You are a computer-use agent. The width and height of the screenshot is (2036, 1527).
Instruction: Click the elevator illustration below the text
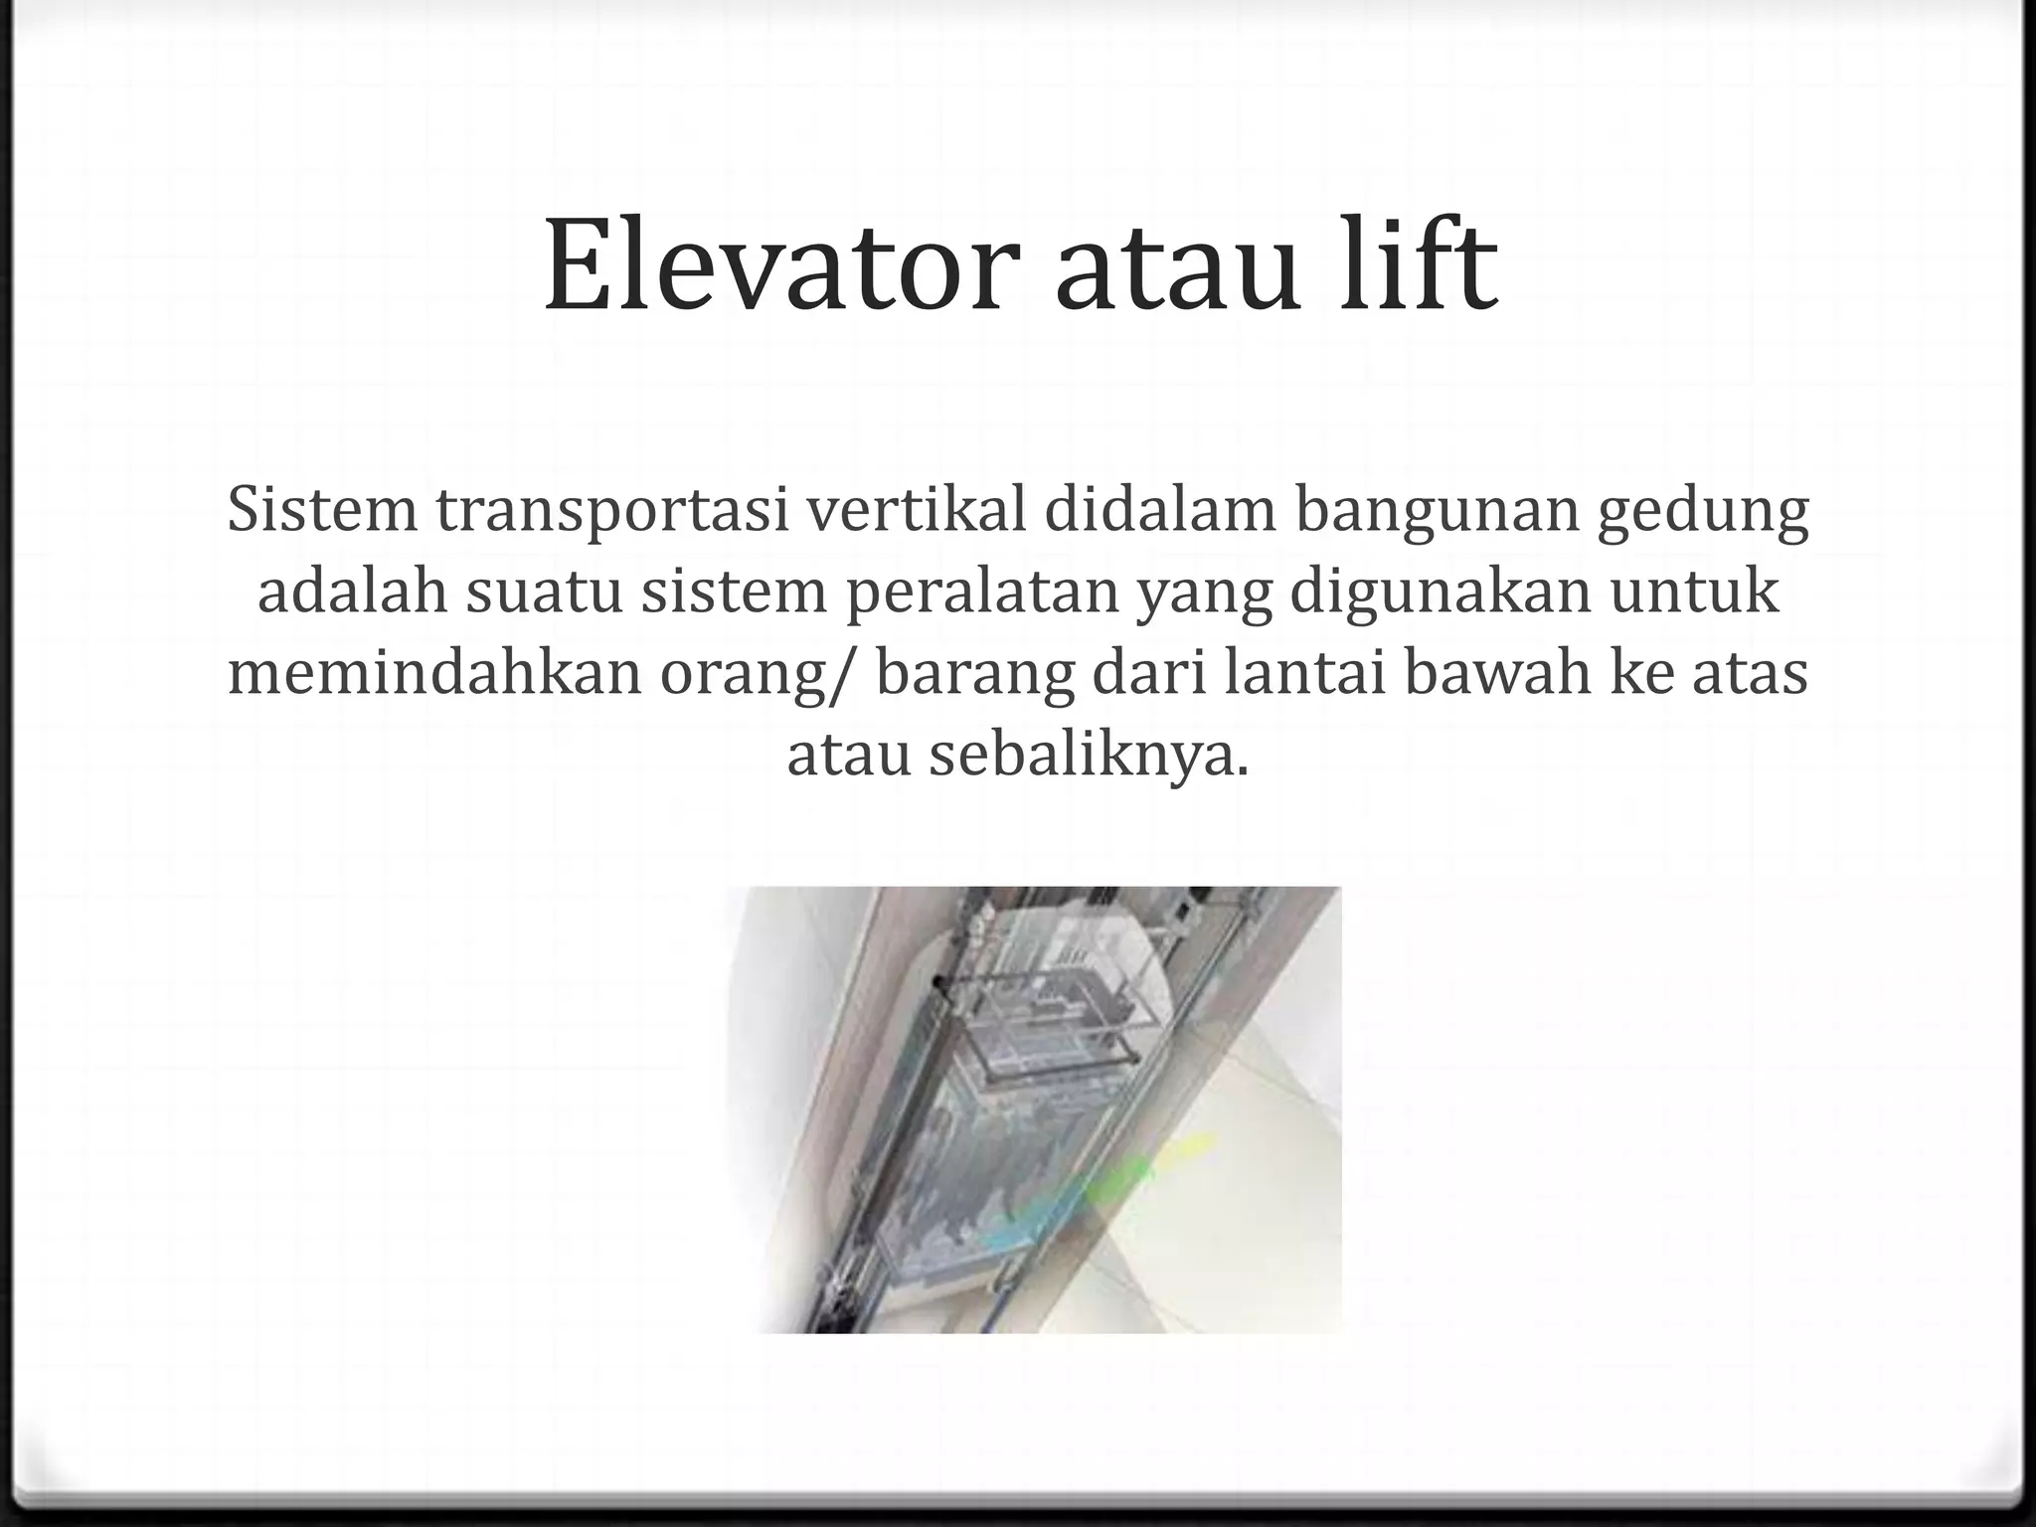click(x=1034, y=1109)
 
